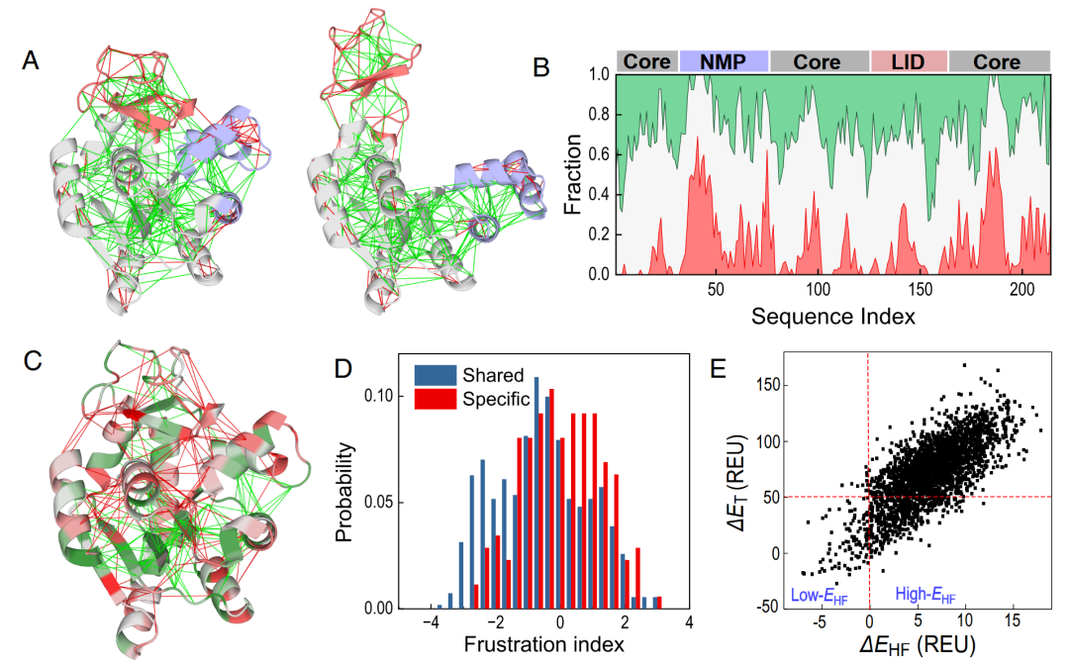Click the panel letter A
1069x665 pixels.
(31, 61)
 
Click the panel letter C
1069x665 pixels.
(32, 360)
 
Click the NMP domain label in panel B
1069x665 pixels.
(724, 62)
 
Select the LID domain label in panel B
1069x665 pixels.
(909, 62)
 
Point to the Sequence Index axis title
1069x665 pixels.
(832, 318)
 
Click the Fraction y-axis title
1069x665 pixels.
(572, 174)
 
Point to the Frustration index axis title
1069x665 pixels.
(544, 644)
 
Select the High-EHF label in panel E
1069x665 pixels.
(925, 595)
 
